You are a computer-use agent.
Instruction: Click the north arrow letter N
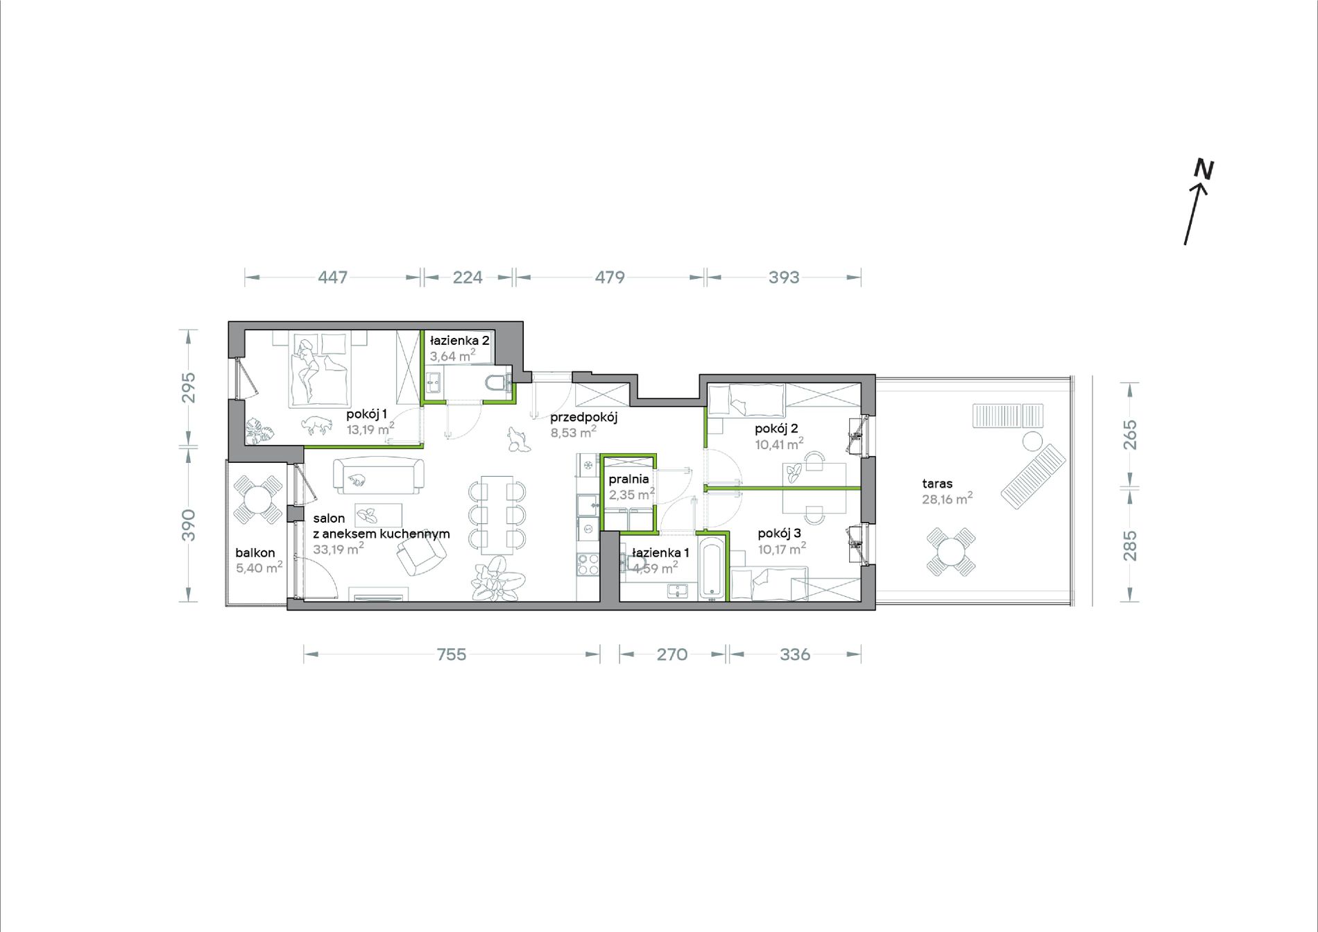pyautogui.click(x=1204, y=170)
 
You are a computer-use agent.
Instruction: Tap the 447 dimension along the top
pyautogui.click(x=333, y=278)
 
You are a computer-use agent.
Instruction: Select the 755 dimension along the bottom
pyautogui.click(x=452, y=654)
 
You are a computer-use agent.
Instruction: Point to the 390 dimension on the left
pyautogui.click(x=189, y=525)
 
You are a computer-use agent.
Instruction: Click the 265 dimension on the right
pyautogui.click(x=1130, y=434)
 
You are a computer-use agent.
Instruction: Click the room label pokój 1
pyautogui.click(x=367, y=414)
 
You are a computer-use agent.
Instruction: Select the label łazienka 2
pyautogui.click(x=459, y=341)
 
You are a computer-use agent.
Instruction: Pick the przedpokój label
pyautogui.click(x=583, y=418)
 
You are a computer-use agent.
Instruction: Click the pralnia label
pyautogui.click(x=628, y=479)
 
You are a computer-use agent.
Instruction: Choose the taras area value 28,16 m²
pyautogui.click(x=947, y=499)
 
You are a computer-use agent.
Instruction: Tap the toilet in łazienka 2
pyautogui.click(x=499, y=383)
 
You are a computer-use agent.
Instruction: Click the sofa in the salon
pyautogui.click(x=379, y=476)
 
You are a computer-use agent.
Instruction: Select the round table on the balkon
pyautogui.click(x=258, y=500)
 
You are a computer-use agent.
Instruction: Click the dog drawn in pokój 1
pyautogui.click(x=316, y=425)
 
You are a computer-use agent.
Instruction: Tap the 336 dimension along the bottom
pyautogui.click(x=795, y=654)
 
